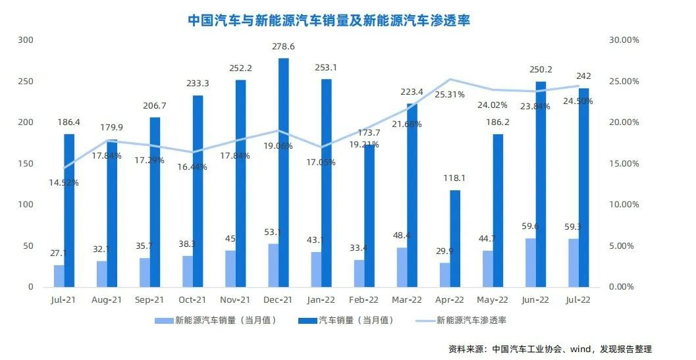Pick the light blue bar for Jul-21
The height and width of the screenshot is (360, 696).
(x=59, y=276)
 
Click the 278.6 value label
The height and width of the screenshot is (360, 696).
(x=283, y=47)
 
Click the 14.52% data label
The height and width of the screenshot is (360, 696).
(x=63, y=182)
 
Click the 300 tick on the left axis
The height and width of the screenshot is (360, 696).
(x=26, y=40)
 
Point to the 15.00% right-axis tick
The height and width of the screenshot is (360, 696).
(x=622, y=164)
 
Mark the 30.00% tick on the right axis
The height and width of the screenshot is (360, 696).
(x=622, y=40)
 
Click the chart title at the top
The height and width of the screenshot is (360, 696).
(x=329, y=20)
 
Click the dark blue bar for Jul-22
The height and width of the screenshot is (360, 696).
(x=583, y=188)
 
